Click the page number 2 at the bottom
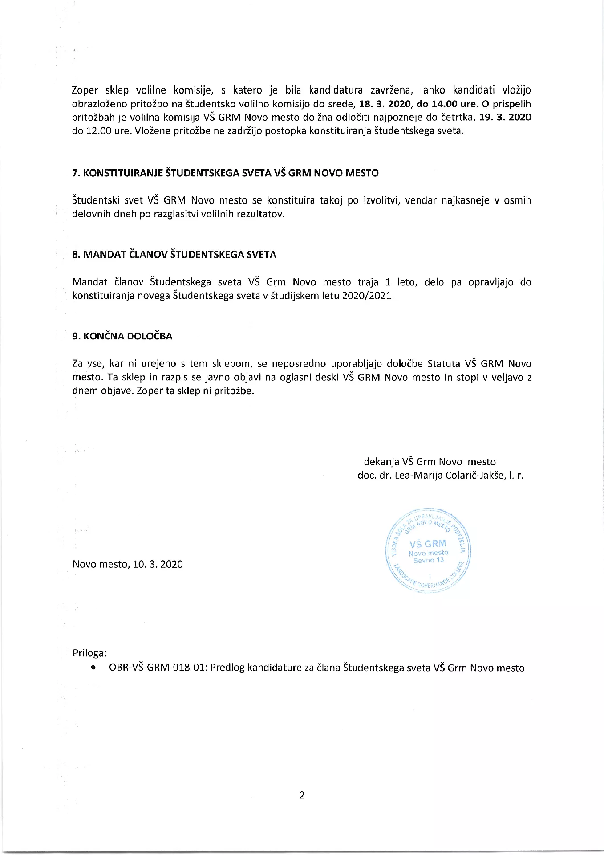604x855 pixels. [x=302, y=795]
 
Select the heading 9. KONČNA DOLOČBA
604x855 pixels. [x=122, y=336]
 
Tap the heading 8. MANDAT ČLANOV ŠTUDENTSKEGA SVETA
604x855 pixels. [x=174, y=255]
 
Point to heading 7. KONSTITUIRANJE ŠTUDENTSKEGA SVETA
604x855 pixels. [x=225, y=173]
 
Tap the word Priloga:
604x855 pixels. [x=89, y=653]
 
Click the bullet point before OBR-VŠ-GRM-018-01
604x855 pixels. [x=93, y=668]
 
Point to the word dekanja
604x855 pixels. [x=381, y=462]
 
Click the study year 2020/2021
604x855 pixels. [x=368, y=296]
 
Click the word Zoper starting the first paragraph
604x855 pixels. [x=85, y=90]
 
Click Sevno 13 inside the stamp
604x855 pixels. [x=428, y=560]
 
